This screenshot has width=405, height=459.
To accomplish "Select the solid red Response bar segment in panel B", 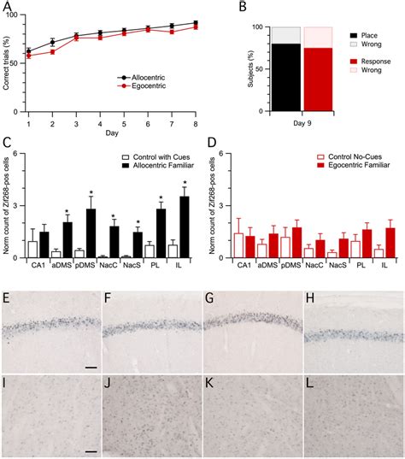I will click(x=318, y=77).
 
